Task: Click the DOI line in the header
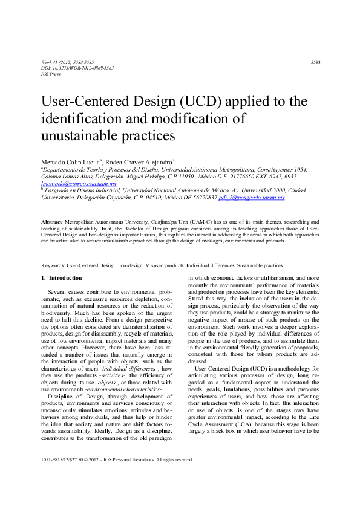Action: (x=68, y=68)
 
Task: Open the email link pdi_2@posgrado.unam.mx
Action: (x=249, y=198)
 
